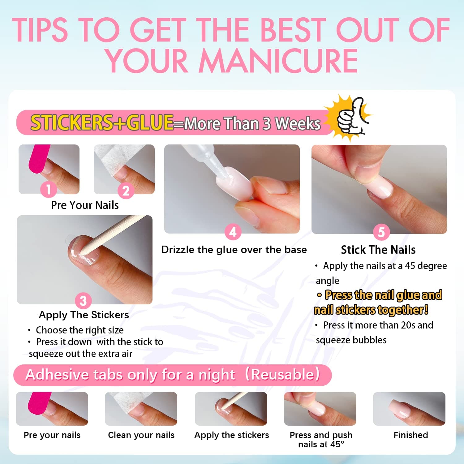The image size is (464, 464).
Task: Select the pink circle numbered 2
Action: tap(126, 191)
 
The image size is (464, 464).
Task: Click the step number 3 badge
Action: tap(83, 300)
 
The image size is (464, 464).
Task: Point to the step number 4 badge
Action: tap(233, 232)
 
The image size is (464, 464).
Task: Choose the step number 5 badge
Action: tap(381, 232)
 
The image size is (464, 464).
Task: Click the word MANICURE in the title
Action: tap(278, 61)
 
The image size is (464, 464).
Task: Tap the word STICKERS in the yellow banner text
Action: tap(71, 122)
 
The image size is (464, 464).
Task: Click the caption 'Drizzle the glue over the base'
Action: tap(234, 250)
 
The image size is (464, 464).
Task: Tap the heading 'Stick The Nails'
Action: tap(378, 250)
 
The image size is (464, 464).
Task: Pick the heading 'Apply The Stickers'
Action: tap(84, 315)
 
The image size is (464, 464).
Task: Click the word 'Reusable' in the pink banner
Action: tap(285, 375)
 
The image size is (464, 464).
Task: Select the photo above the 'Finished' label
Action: tap(409, 409)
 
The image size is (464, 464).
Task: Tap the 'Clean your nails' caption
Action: tap(141, 435)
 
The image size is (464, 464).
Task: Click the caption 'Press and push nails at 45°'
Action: tap(321, 440)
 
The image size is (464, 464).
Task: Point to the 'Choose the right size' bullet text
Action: tap(79, 330)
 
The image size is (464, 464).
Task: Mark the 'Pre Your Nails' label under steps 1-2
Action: tap(85, 205)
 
